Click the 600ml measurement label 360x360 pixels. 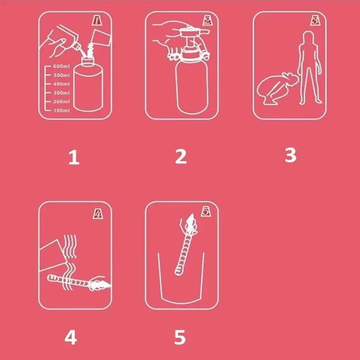(x=61, y=66)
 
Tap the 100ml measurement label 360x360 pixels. (x=62, y=111)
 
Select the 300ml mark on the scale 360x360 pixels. (x=61, y=93)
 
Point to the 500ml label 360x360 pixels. (x=61, y=75)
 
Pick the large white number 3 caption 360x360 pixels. (x=291, y=155)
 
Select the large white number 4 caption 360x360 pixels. (x=71, y=337)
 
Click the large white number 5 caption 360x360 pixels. (x=180, y=337)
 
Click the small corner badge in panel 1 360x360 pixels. (x=97, y=21)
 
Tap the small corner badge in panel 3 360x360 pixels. (x=315, y=21)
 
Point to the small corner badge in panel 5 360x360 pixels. (x=206, y=211)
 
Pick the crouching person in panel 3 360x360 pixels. (x=276, y=89)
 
